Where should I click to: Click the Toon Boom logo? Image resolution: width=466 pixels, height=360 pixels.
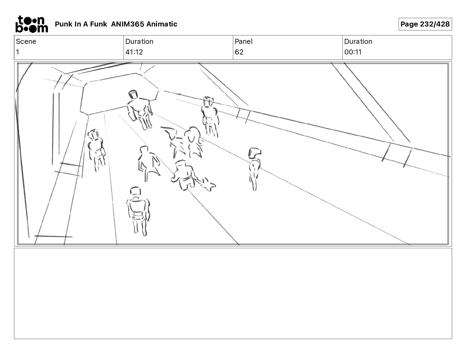(32, 24)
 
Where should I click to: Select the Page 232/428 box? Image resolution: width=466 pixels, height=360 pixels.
(425, 24)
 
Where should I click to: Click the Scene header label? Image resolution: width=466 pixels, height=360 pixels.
(26, 41)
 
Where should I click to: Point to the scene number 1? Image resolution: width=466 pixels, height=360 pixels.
(18, 52)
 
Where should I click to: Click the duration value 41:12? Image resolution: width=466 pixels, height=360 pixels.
(134, 52)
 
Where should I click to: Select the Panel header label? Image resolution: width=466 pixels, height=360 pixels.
(244, 41)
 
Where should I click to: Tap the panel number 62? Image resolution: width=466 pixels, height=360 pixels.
(239, 52)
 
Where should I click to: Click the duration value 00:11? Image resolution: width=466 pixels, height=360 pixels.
(353, 52)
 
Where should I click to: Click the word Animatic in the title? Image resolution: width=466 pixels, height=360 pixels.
(162, 24)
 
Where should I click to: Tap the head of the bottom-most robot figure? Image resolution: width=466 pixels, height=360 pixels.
(135, 191)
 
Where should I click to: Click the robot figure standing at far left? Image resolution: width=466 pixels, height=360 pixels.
(96, 150)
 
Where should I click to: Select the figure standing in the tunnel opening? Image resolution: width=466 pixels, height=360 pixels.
(140, 110)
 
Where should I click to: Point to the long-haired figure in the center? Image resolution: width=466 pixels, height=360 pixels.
(193, 142)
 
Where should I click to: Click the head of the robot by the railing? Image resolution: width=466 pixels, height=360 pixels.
(208, 102)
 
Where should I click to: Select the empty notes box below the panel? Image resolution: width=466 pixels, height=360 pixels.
(233, 294)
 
